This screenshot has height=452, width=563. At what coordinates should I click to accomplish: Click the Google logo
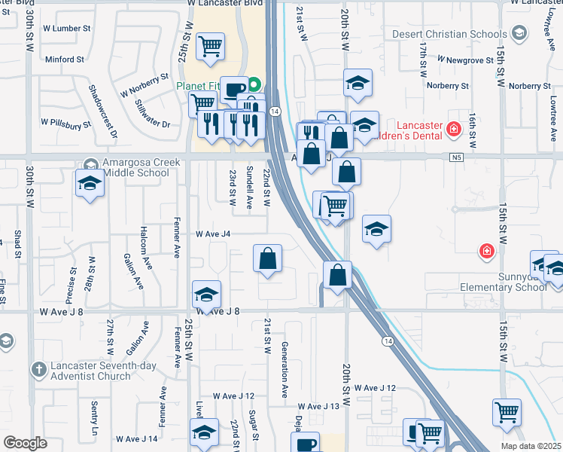(26, 443)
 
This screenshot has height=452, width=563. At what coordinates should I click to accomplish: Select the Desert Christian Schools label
(449, 35)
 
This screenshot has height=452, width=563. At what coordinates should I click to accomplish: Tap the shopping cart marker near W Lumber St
(211, 47)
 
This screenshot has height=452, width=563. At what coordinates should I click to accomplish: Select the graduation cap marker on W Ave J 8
(206, 295)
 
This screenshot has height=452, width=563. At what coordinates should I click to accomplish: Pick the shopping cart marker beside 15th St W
(507, 412)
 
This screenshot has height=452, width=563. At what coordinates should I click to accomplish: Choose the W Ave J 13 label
(318, 407)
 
